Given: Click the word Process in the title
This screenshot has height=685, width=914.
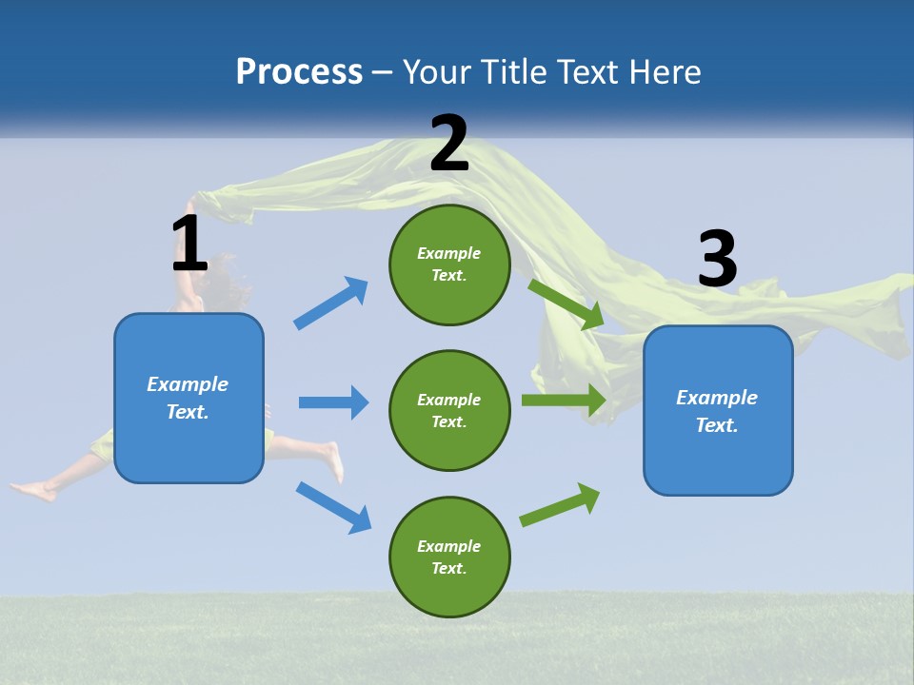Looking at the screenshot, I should [x=299, y=71].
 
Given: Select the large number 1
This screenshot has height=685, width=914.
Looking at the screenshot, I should [x=189, y=244].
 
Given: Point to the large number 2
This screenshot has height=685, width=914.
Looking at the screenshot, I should [x=449, y=144].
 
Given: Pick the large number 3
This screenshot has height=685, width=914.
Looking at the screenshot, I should [x=717, y=259].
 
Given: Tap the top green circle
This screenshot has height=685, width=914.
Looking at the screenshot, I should [x=449, y=264].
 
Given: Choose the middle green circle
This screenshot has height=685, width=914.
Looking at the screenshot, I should [x=449, y=410].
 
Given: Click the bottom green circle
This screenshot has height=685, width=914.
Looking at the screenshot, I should [x=449, y=557].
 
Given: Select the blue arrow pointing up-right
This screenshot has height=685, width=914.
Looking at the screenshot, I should [x=331, y=303].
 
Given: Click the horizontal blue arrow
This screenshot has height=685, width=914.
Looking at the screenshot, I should [x=333, y=402].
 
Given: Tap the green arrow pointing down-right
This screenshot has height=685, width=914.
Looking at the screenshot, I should [x=566, y=303].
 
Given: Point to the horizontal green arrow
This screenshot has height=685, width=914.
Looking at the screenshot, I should [x=564, y=400].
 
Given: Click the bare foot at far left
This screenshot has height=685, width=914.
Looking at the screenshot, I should [x=33, y=491].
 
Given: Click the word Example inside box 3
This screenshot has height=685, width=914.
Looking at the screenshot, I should [x=717, y=398].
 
